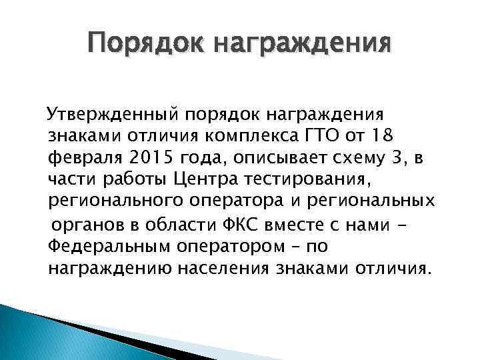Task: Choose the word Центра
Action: point(199,180)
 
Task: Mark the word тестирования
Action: point(292,180)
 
